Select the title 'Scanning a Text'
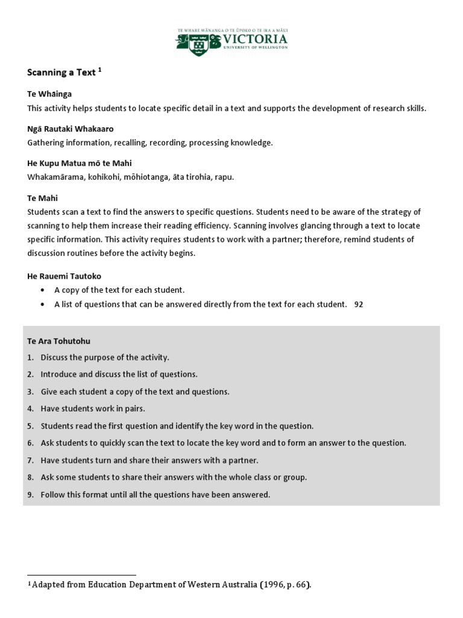(61, 72)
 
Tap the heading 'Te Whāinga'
(49, 94)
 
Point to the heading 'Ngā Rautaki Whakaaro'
(70, 129)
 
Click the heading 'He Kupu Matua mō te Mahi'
(79, 163)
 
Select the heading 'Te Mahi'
(42, 198)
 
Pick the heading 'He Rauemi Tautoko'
(64, 276)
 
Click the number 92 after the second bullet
(359, 305)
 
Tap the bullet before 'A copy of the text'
(42, 290)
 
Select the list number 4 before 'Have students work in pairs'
(30, 409)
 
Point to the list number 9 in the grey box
(30, 495)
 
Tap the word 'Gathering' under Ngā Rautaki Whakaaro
(46, 142)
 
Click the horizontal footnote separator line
(82, 575)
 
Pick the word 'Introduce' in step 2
(58, 374)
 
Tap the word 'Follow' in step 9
(52, 495)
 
